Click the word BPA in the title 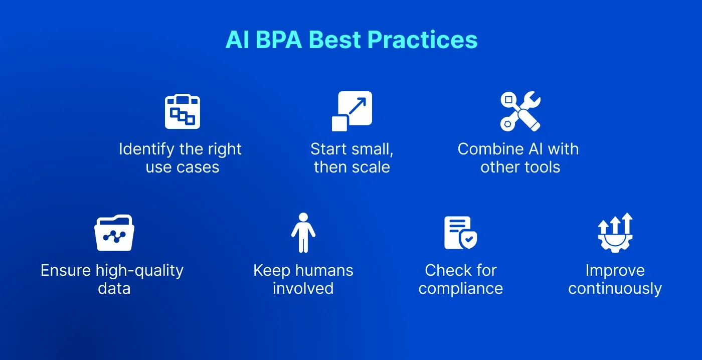[278, 40]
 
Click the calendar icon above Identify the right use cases [182, 112]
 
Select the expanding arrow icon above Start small [352, 111]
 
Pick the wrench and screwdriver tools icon [520, 111]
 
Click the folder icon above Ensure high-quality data [114, 233]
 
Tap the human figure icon [303, 233]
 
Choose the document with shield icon [460, 233]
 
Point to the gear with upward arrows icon [615, 233]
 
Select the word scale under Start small [372, 167]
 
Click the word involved [303, 288]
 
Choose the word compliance [460, 289]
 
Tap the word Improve [615, 271]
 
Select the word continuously [615, 289]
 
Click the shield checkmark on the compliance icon [469, 240]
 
